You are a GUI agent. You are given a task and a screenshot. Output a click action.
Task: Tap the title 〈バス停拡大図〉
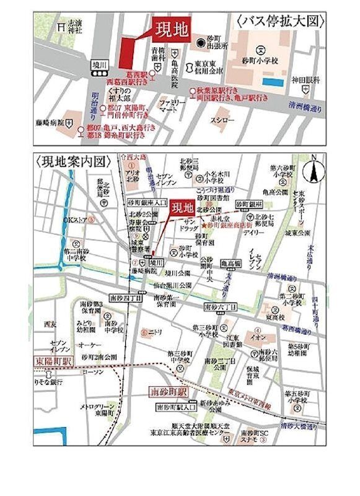pyautogui.click(x=280, y=22)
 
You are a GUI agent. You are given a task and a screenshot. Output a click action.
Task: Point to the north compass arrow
pyautogui.click(x=315, y=170)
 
